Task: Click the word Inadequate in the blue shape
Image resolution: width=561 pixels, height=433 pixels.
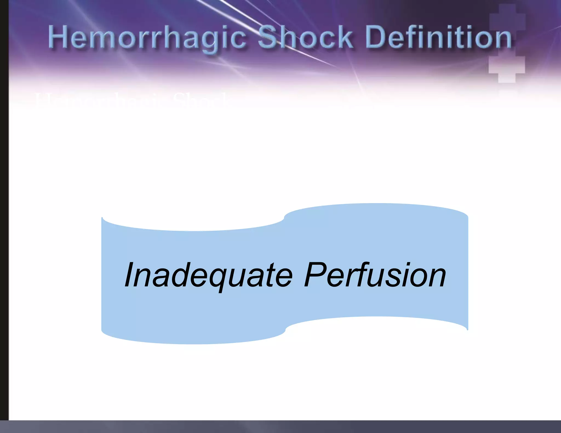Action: (208, 275)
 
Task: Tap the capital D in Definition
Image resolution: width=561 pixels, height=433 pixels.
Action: (376, 37)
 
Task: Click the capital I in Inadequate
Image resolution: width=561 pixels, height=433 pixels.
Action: (129, 275)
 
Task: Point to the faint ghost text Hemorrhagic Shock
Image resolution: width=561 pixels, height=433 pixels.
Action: (131, 100)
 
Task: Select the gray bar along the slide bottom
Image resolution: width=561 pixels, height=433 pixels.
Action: (280, 427)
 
